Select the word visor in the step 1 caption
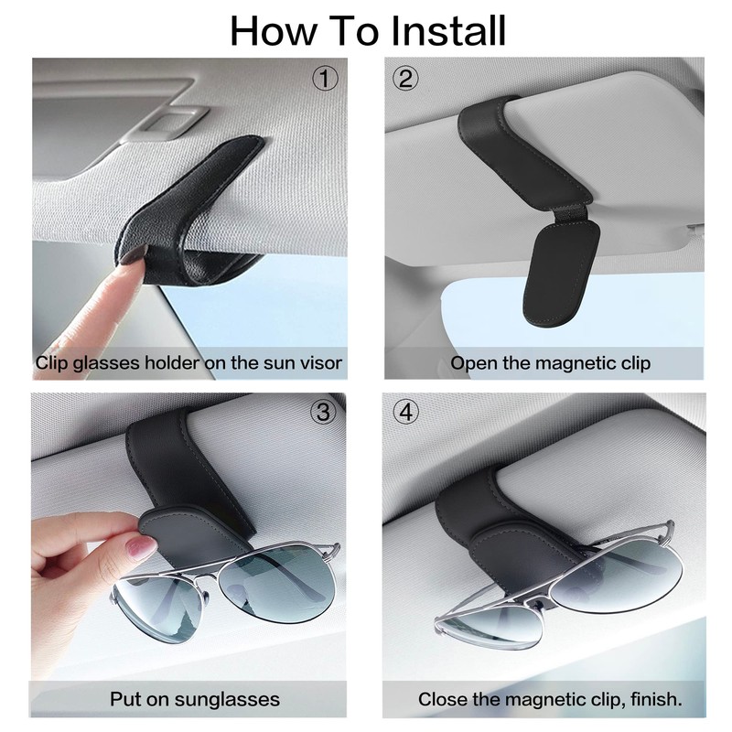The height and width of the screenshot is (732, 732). click(320, 363)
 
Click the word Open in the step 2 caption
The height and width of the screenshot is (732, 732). click(473, 363)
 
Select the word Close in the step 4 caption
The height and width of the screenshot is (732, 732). click(444, 700)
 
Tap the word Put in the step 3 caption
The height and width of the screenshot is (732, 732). click(126, 700)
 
